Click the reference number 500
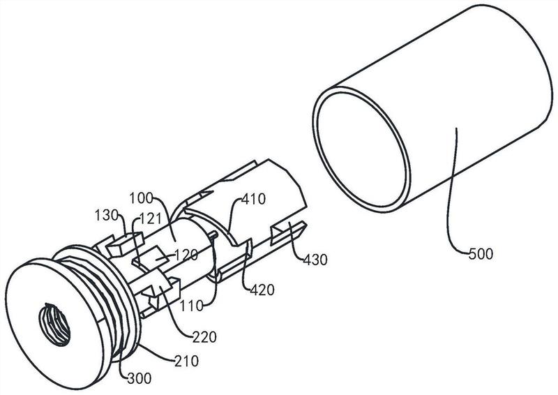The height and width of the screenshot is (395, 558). [x=481, y=254]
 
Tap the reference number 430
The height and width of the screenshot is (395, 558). [x=315, y=260]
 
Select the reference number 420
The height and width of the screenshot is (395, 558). [x=262, y=290]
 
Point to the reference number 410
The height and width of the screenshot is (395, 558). [x=253, y=199]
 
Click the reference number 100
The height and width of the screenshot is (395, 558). [x=141, y=197]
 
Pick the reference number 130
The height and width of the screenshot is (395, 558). [x=107, y=215]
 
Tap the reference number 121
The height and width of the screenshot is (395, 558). [x=150, y=218]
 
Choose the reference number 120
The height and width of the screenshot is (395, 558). [x=186, y=255]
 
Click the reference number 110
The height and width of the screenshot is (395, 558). [x=191, y=305]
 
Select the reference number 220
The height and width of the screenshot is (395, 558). [x=204, y=336]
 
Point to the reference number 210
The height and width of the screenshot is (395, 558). [x=186, y=362]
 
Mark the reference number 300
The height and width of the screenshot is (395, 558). [x=139, y=378]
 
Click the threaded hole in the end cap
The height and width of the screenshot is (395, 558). [x=54, y=324]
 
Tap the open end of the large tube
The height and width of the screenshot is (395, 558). [x=361, y=149]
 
